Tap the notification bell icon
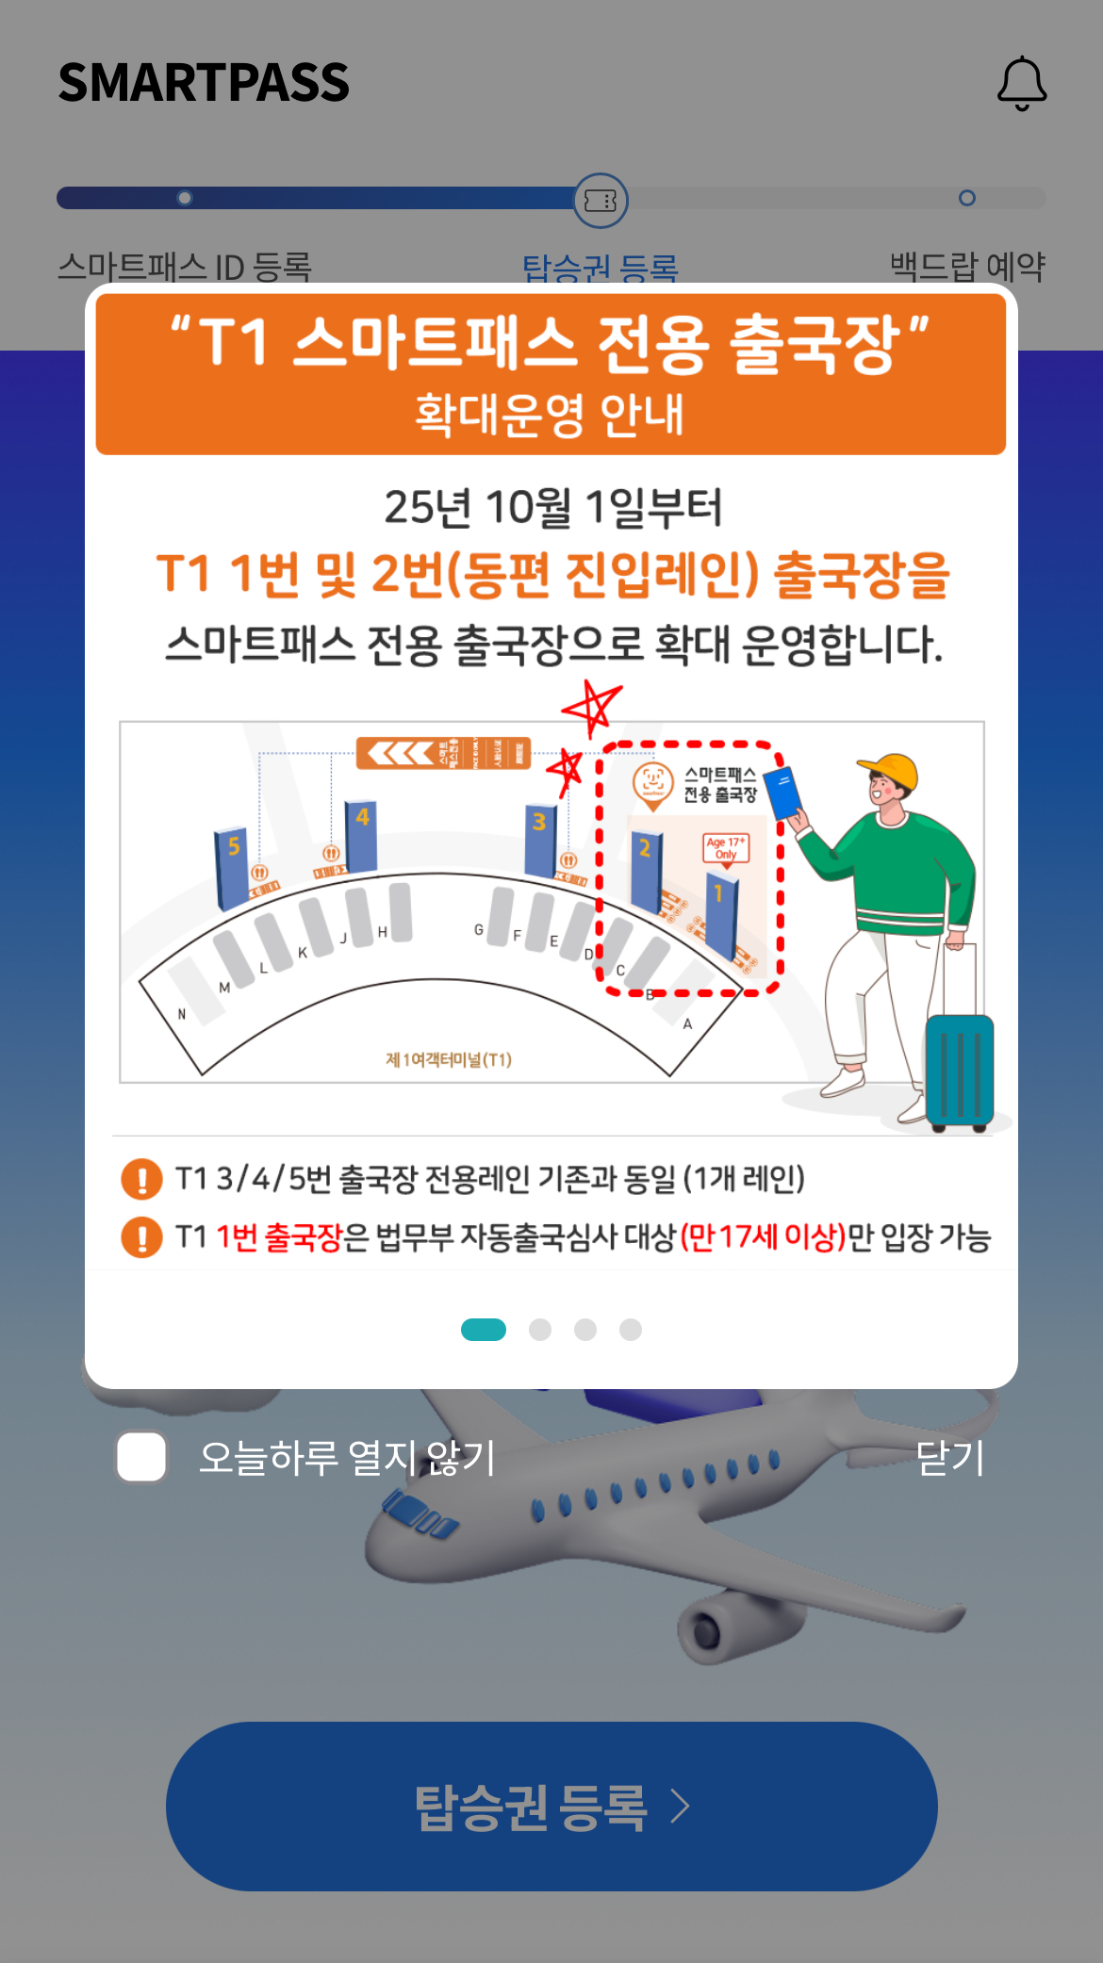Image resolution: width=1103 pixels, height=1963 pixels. [x=1022, y=83]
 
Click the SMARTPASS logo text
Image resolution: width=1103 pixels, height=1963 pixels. [x=204, y=83]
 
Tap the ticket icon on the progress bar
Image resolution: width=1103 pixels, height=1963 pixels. [x=601, y=200]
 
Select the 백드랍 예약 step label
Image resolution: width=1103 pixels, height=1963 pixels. [x=967, y=266]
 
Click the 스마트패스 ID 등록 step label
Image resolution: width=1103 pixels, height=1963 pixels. [x=185, y=266]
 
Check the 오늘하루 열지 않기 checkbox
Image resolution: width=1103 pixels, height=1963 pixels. [x=142, y=1457]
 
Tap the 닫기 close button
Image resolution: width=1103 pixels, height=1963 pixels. [x=949, y=1458]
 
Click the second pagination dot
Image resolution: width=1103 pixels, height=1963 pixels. [x=540, y=1329]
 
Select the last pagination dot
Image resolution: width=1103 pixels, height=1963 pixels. [x=631, y=1329]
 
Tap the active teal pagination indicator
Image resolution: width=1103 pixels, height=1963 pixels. [x=484, y=1329]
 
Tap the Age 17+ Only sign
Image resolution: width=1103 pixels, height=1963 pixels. [x=725, y=848]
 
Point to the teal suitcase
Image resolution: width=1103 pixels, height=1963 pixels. [x=960, y=1071]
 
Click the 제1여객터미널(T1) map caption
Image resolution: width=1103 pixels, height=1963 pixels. [x=449, y=1059]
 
